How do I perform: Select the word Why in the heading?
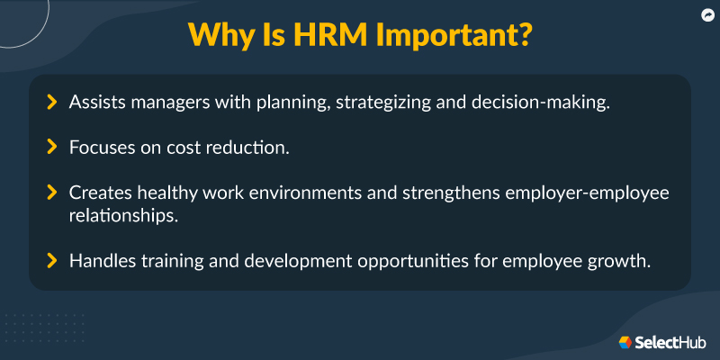point(220,35)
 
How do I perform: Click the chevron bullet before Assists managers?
point(52,103)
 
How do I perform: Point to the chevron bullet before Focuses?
point(52,147)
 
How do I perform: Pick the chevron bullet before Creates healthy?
point(52,192)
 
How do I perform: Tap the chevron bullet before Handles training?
point(52,261)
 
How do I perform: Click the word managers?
point(169,103)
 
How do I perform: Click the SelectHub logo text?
point(671,343)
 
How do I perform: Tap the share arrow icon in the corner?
point(706,14)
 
